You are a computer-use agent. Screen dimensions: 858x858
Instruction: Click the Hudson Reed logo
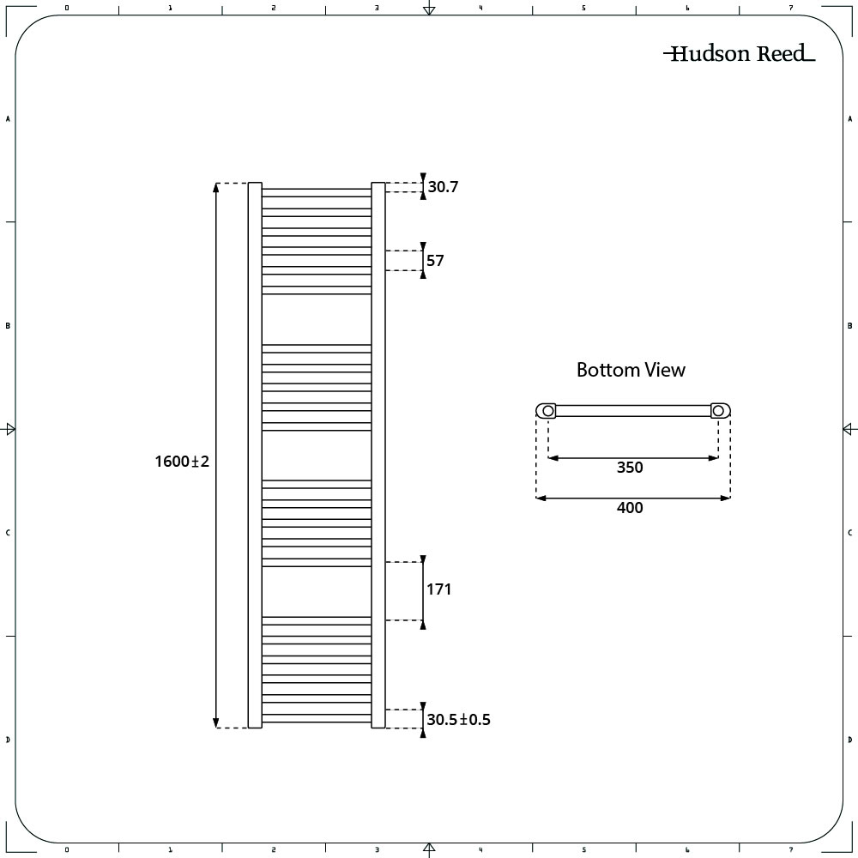pyautogui.click(x=740, y=53)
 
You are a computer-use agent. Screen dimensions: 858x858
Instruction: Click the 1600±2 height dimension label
pyautogui.click(x=182, y=462)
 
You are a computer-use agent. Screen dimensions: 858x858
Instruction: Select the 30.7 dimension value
pyautogui.click(x=443, y=186)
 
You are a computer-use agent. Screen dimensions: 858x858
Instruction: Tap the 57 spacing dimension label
pyautogui.click(x=435, y=261)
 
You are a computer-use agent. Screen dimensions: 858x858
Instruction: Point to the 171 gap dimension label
pyautogui.click(x=438, y=589)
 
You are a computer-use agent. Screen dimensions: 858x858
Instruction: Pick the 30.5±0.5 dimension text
pyautogui.click(x=458, y=720)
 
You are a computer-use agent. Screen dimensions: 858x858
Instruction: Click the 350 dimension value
pyautogui.click(x=630, y=468)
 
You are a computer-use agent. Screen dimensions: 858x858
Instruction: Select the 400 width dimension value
pyautogui.click(x=630, y=508)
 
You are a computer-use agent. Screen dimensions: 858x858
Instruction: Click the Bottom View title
pyautogui.click(x=631, y=370)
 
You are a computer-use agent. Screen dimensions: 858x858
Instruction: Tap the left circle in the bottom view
pyautogui.click(x=547, y=411)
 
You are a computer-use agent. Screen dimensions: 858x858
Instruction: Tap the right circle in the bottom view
pyautogui.click(x=718, y=411)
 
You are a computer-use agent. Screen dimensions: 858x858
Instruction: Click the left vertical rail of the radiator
pyautogui.click(x=255, y=456)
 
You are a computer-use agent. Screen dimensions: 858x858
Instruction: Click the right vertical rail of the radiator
pyautogui.click(x=378, y=456)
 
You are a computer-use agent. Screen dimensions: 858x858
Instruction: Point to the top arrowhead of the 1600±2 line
pyautogui.click(x=216, y=187)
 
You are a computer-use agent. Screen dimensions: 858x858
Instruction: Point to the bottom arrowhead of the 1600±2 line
pyautogui.click(x=216, y=722)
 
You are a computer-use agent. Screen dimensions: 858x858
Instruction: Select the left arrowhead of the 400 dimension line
pyautogui.click(x=541, y=498)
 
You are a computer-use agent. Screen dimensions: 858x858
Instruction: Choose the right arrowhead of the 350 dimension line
pyautogui.click(x=713, y=458)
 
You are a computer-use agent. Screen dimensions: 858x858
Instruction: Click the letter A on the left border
pyautogui.click(x=8, y=118)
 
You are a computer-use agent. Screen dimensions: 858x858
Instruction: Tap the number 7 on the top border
pyautogui.click(x=791, y=8)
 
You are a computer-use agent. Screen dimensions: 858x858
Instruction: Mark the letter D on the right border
pyautogui.click(x=849, y=740)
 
